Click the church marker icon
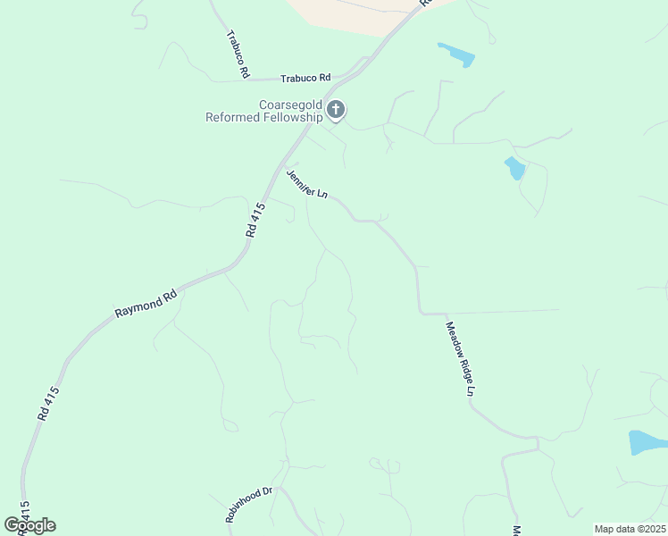[336, 110]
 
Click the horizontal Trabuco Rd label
[305, 78]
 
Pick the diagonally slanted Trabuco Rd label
[237, 54]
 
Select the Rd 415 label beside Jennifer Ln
[256, 220]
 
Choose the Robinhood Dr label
[248, 506]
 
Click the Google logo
[29, 525]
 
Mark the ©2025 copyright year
[651, 529]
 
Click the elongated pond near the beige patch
[456, 54]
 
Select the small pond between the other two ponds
[514, 168]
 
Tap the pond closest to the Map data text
[647, 442]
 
